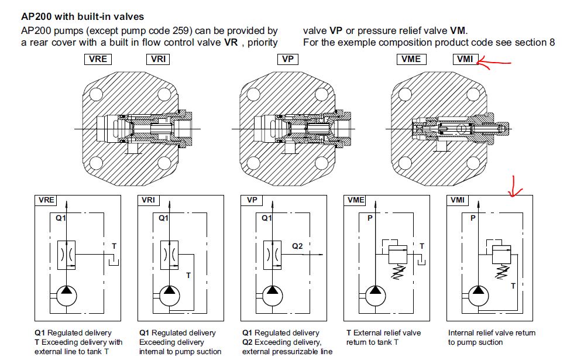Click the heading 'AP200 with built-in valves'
tap(82, 17)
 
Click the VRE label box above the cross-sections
tap(97, 59)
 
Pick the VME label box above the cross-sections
tap(411, 59)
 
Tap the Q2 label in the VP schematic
tap(298, 246)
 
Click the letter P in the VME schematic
tap(369, 218)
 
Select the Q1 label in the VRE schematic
tap(61, 218)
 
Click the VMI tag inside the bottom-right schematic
tap(458, 200)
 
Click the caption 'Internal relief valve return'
tap(492, 332)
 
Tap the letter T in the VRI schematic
tap(188, 274)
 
